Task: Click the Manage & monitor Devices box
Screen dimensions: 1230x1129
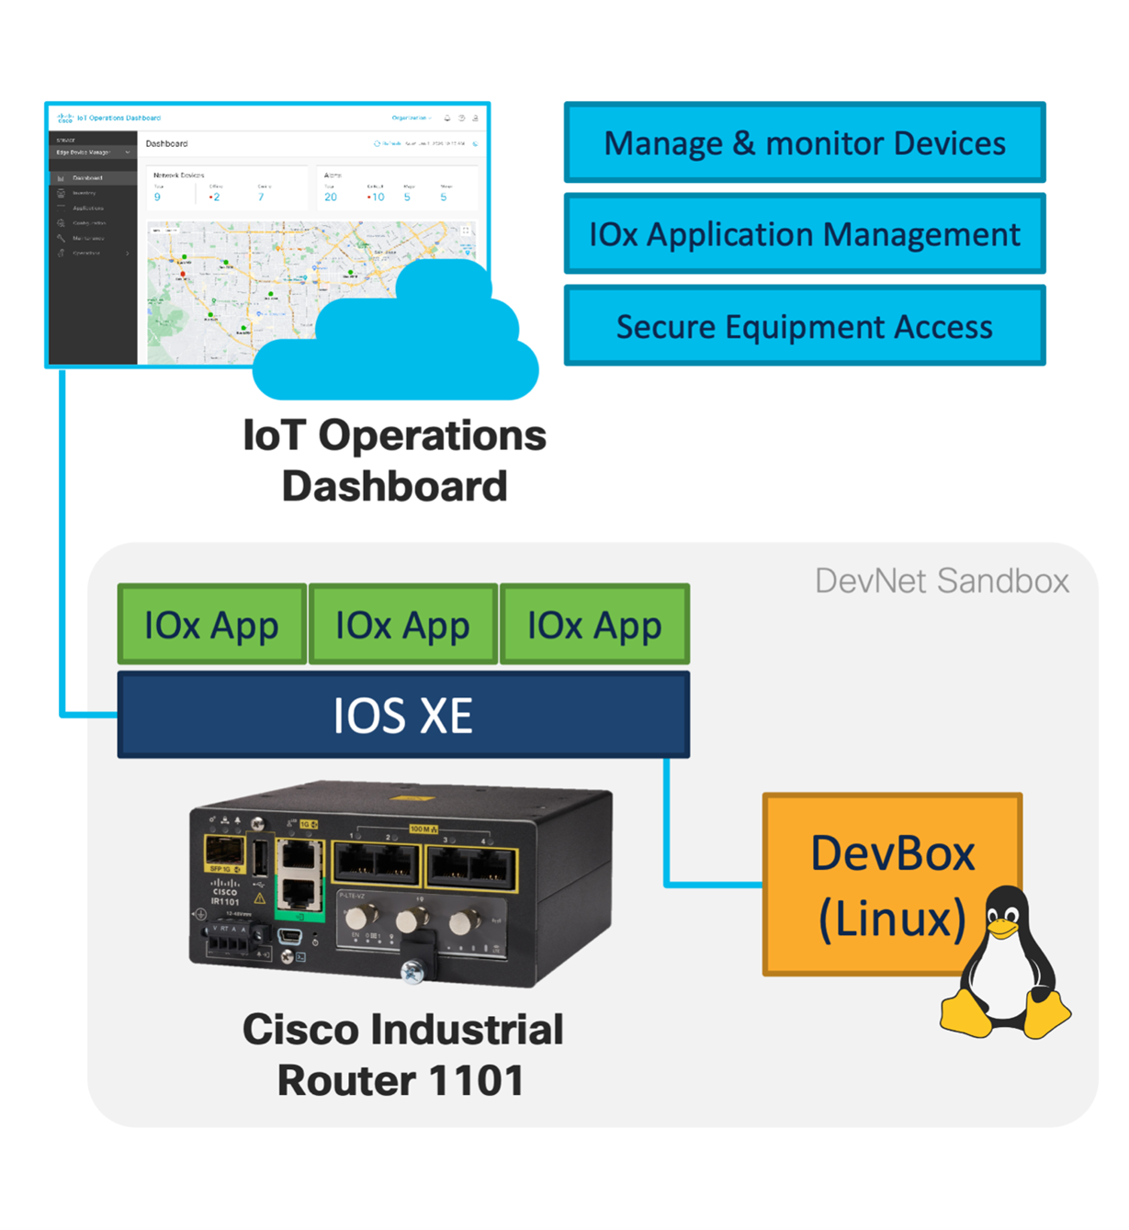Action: click(804, 142)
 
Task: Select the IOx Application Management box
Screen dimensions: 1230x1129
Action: click(804, 234)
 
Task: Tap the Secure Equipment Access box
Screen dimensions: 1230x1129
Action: click(804, 326)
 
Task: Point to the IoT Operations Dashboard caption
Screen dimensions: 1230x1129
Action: click(394, 460)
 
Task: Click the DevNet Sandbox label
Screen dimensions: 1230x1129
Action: click(942, 581)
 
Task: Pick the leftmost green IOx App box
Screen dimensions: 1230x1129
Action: click(211, 625)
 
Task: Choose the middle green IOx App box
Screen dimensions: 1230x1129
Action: click(402, 625)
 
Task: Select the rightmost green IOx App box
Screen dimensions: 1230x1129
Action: click(594, 625)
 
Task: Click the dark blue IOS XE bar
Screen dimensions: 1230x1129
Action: click(402, 715)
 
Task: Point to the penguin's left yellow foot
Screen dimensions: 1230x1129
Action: click(965, 1015)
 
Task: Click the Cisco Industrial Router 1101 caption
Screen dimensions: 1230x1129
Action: click(402, 1055)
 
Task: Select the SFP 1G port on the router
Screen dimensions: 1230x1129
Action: click(223, 853)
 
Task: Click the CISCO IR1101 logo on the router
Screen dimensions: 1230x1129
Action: click(225, 893)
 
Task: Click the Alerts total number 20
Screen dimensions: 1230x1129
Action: click(331, 197)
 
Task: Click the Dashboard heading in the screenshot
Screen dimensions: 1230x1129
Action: click(166, 144)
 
